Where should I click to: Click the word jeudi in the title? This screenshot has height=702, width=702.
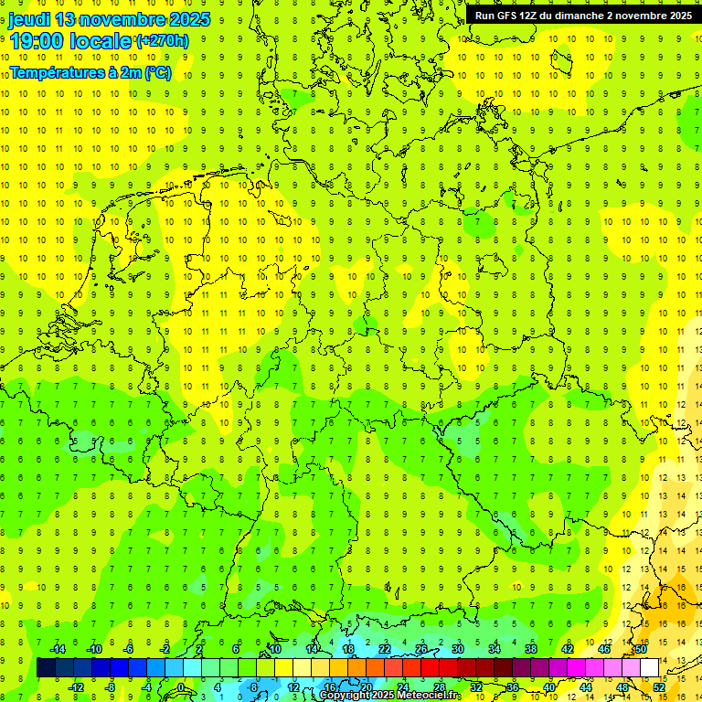coord(29,19)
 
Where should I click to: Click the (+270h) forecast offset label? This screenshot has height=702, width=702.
coord(162,40)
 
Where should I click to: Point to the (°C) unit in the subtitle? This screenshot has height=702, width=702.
coord(156,73)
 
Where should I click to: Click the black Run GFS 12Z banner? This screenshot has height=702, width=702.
coord(583,15)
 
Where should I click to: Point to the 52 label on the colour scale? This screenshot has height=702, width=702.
coord(659,686)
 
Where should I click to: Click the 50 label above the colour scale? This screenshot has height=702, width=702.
coord(641,649)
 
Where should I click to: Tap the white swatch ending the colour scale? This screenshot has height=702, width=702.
coord(650,667)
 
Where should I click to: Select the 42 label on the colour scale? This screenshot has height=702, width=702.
coord(568,649)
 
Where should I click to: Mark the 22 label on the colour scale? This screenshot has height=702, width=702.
coord(385,649)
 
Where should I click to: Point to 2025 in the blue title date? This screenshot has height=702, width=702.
coord(185,19)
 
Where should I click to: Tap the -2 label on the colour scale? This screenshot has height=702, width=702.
coord(165,649)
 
